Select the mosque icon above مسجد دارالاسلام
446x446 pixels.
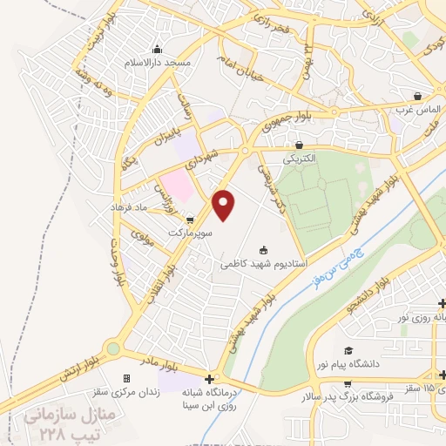(158, 49)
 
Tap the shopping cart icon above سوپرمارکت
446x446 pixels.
(190, 220)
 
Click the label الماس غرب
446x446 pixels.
(417, 110)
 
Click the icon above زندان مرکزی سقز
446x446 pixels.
(128, 378)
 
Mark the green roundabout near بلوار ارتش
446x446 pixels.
(112, 348)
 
